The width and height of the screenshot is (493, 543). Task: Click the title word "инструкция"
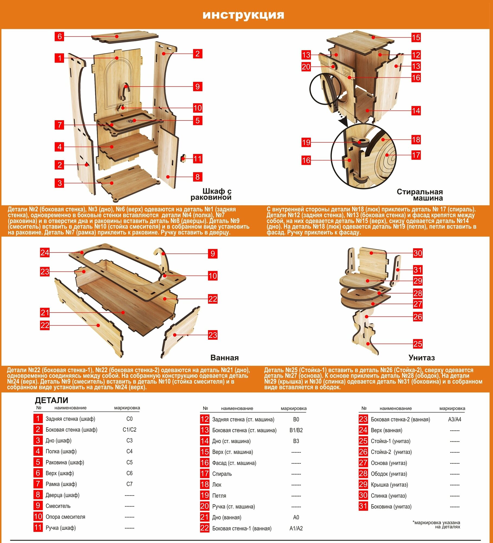coord(243,15)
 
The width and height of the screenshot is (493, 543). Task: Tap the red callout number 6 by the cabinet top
coord(59,36)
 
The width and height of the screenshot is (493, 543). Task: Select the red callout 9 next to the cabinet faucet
coord(198,87)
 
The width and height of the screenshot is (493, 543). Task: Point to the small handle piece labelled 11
coord(184,158)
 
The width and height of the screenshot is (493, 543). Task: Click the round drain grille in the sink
coord(131,120)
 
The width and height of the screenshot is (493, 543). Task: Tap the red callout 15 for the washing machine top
coord(416,37)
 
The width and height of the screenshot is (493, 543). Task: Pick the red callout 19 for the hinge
coord(306,142)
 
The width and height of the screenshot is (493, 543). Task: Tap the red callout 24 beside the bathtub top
coord(45,252)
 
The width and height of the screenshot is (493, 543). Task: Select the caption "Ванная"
coord(224,358)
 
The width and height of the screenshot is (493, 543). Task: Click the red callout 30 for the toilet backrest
coord(418,253)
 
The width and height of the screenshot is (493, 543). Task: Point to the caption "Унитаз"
coord(421,358)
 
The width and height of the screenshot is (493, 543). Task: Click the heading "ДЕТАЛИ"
coord(52,400)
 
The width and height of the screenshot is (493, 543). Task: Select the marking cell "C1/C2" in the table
coord(129,430)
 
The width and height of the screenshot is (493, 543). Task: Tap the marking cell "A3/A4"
coord(454,419)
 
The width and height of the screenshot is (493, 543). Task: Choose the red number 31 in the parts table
coord(363,506)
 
